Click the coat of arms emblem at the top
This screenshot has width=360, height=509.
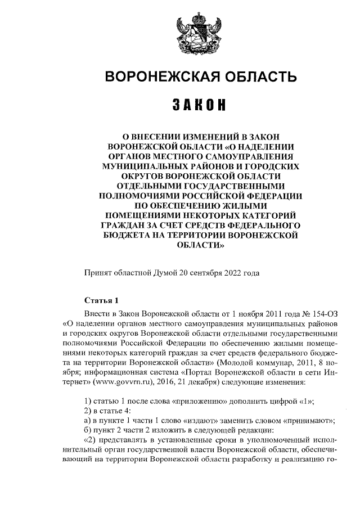[x=199, y=33]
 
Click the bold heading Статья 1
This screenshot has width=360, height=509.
[x=101, y=300]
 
